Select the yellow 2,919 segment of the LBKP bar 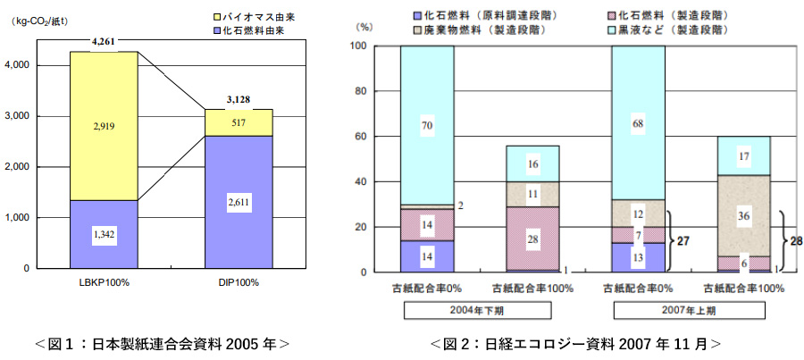click(x=104, y=126)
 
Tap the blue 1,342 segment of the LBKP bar click(x=104, y=234)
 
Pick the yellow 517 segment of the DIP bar click(x=239, y=122)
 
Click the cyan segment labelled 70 click(x=426, y=127)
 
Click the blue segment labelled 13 click(x=639, y=257)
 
